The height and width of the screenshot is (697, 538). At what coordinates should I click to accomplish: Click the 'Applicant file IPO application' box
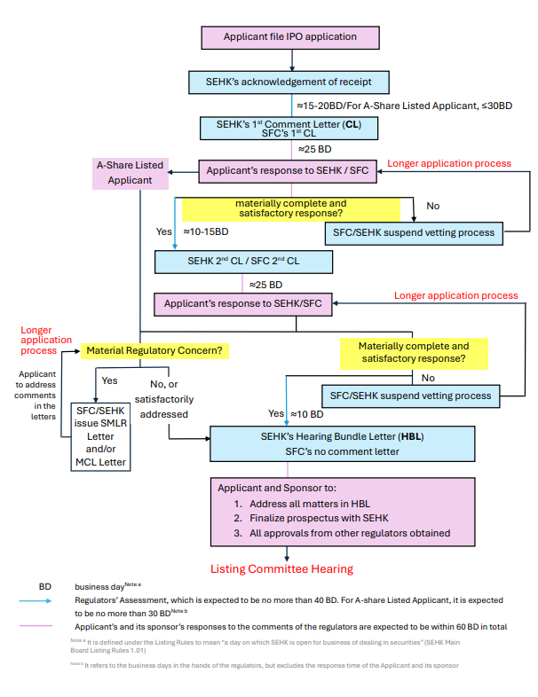[x=291, y=37]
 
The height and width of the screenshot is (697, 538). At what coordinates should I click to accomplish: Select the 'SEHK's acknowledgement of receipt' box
[x=290, y=82]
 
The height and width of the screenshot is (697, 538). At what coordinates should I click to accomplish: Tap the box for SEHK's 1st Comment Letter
[x=290, y=127]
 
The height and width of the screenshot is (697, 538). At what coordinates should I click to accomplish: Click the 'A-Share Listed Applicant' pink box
[x=131, y=173]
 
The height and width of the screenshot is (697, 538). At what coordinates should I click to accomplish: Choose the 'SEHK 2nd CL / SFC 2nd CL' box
[x=243, y=262]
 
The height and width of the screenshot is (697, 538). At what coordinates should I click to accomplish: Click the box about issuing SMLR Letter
[x=100, y=436]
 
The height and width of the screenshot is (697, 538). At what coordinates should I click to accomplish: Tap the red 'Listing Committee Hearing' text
[x=281, y=568]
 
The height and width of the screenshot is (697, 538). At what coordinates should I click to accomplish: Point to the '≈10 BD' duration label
[x=306, y=413]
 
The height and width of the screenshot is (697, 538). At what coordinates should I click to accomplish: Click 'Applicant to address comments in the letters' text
[x=36, y=395]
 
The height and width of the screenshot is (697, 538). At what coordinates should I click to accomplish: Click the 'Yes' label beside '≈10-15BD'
[x=163, y=231]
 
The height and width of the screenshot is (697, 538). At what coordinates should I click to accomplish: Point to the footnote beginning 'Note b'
[x=266, y=664]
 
